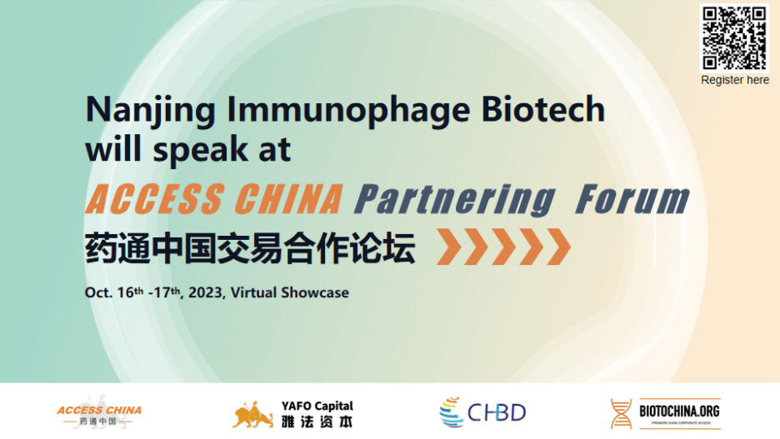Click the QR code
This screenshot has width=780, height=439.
coord(733,38)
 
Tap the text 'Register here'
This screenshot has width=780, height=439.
coord(735,80)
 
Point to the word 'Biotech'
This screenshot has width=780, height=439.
coord(543,109)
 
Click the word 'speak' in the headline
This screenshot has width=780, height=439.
coord(200,150)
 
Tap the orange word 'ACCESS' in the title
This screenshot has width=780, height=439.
coord(154,199)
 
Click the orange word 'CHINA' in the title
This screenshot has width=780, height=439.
coord(288,199)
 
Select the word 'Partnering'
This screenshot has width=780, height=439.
coord(455,201)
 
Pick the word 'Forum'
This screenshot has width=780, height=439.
coord(632,199)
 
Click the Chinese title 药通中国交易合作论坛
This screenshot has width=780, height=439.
coord(250,248)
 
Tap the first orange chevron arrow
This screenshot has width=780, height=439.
coord(448,247)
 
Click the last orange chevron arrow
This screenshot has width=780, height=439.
coord(558,247)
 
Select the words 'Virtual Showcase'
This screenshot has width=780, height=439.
coord(289,293)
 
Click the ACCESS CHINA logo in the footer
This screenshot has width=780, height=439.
coord(99,413)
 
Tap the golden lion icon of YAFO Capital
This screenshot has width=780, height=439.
coord(252,415)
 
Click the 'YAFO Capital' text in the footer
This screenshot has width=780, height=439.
coord(317,407)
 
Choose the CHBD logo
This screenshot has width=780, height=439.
coord(482,412)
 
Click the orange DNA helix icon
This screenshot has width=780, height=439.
coord(622,414)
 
